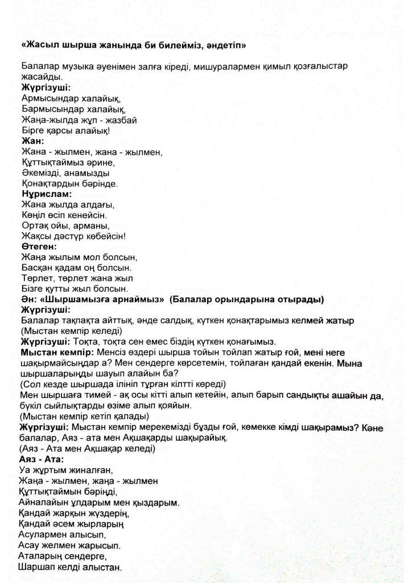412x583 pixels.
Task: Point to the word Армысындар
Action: pyautogui.click(x=47, y=98)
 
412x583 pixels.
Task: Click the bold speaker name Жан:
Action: pyautogui.click(x=32, y=141)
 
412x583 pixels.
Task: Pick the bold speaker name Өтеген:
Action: pyautogui.click(x=39, y=247)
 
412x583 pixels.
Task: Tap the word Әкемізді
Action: pyautogui.click(x=40, y=173)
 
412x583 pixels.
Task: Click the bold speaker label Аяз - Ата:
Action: pyautogui.click(x=42, y=458)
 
